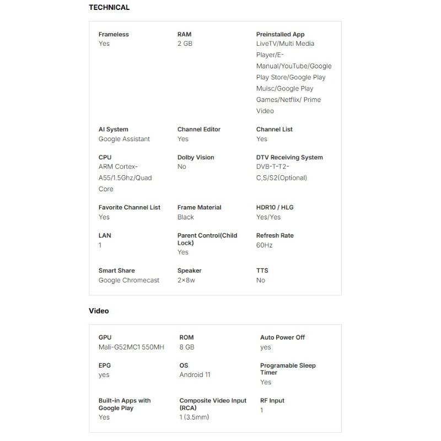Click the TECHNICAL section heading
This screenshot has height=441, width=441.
point(109,8)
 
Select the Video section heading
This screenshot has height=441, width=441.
point(99,311)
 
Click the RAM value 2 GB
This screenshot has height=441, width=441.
point(185,44)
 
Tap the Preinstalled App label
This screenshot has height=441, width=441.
point(280,34)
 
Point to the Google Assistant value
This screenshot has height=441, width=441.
point(124,139)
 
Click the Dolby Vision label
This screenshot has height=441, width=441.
point(196,157)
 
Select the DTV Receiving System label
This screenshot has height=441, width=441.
point(289,157)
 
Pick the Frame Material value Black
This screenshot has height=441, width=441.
point(186,217)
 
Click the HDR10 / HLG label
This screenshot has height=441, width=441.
point(275,207)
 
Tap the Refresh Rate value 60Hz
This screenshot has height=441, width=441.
point(264,245)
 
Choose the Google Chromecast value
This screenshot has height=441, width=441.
point(128,280)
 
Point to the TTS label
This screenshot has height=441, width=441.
point(262,271)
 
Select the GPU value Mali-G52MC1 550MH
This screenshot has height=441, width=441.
point(131,347)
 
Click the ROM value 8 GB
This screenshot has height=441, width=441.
point(187,347)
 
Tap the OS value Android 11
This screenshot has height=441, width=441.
point(195,375)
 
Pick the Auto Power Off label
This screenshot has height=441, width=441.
point(282,337)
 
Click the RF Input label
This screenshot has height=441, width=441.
point(272,401)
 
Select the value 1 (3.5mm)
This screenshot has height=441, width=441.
point(194,417)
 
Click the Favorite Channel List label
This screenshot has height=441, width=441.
point(130,207)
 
